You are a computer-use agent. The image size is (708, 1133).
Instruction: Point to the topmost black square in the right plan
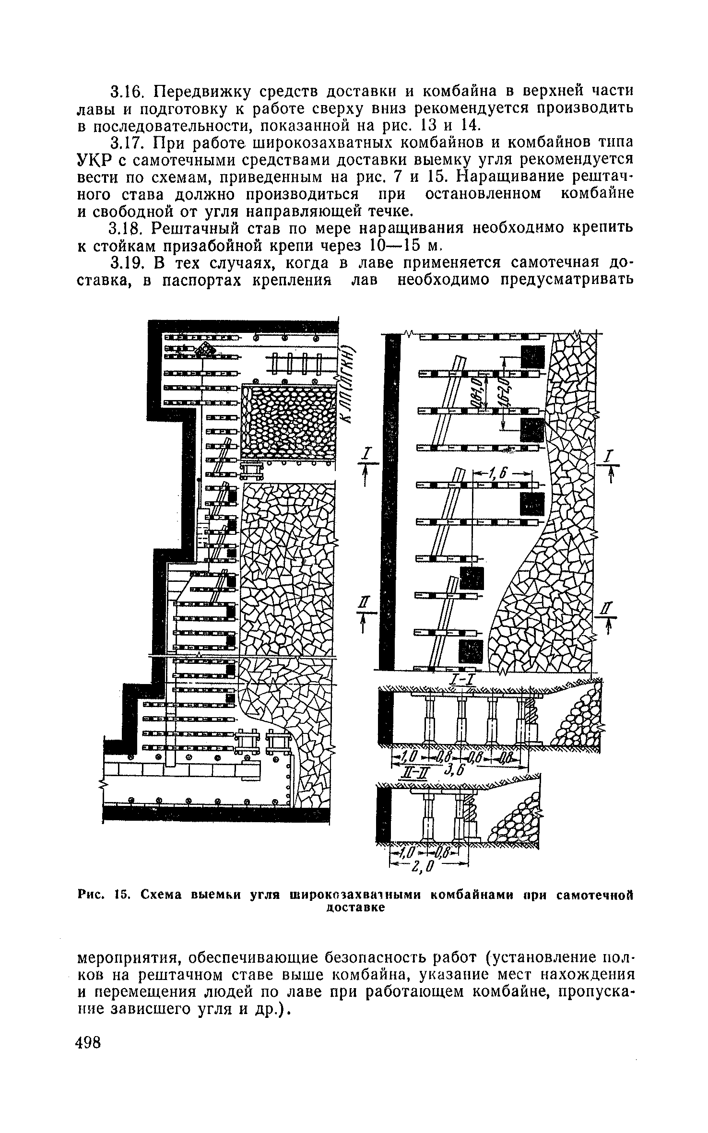tap(532, 357)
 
